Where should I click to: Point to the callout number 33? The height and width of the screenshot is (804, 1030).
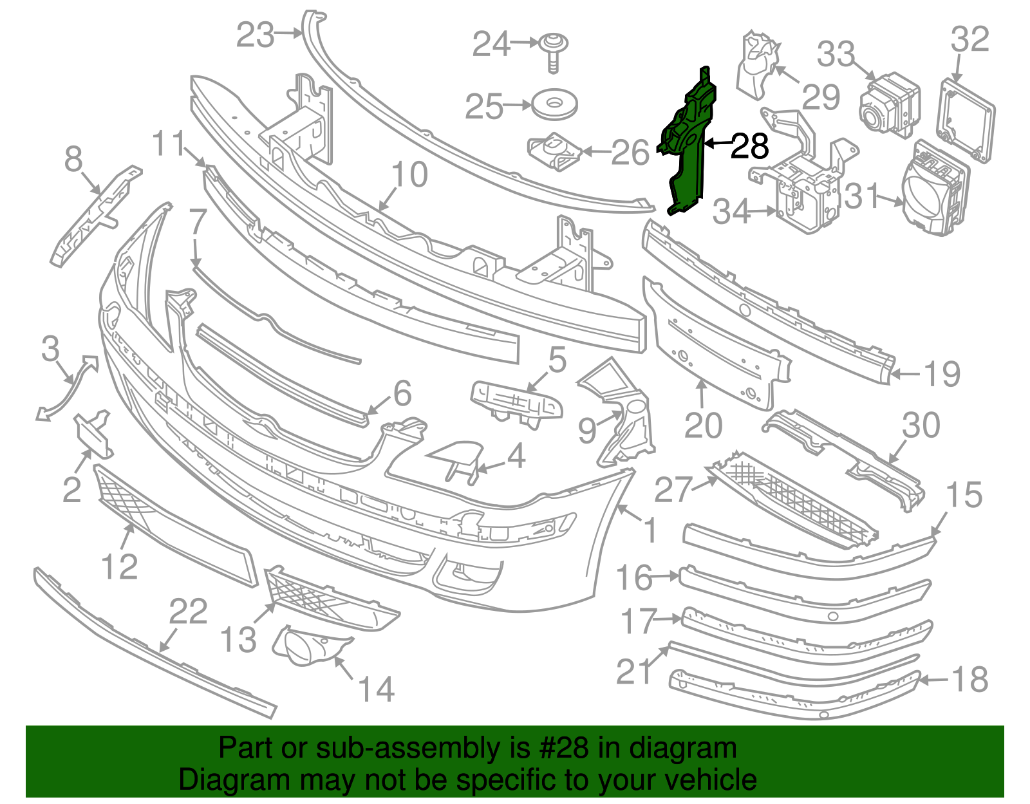(836, 54)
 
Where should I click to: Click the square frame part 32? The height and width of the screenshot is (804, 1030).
(966, 120)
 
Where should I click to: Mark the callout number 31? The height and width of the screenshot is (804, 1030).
(862, 196)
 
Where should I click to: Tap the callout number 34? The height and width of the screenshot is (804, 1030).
(732, 211)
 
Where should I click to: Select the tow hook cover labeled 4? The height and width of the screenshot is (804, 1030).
(454, 462)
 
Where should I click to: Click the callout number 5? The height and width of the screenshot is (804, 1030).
(557, 360)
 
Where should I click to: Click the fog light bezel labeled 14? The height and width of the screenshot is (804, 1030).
(310, 645)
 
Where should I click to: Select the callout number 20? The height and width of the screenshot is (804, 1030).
(704, 425)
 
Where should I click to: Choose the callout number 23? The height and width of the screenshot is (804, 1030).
(256, 35)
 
